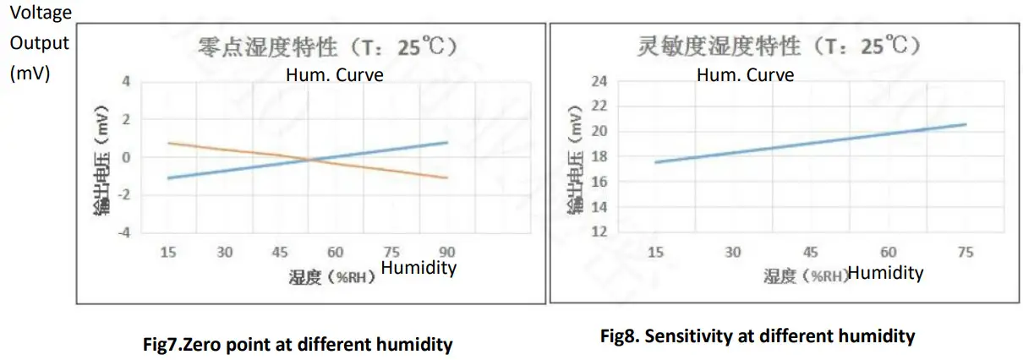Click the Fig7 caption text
298,345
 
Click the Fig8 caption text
758,336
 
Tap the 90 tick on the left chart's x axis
447,252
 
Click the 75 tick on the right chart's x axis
966,253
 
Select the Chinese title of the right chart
778,46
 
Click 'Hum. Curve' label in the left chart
335,75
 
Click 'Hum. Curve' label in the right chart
746,75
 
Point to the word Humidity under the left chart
419,268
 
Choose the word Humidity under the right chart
885,273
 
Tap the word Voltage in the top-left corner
41,13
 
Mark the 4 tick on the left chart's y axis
127,83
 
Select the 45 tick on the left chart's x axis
280,252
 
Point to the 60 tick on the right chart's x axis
888,253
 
